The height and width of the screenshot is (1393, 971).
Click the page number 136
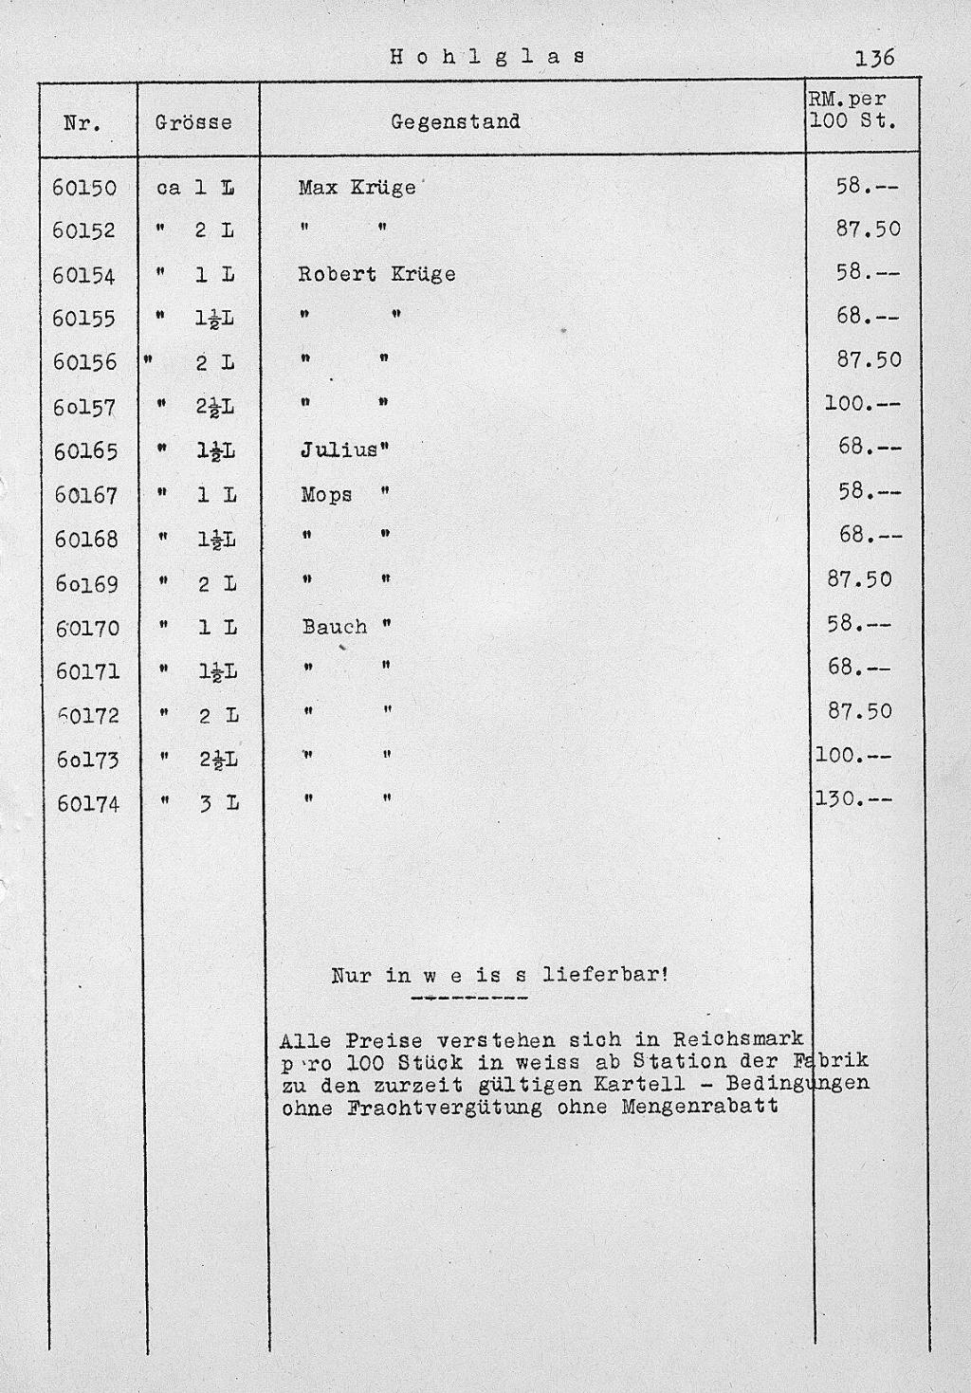[874, 58]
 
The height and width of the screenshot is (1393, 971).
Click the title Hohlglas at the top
[487, 56]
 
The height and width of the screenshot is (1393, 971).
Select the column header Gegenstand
[455, 121]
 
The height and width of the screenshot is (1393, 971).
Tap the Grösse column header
[193, 122]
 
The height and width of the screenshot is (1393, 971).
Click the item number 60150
[85, 188]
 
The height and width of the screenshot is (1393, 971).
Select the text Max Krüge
[357, 188]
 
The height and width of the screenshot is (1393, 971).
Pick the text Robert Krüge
[376, 274]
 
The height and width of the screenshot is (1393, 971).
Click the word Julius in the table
[339, 450]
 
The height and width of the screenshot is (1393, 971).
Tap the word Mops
[326, 495]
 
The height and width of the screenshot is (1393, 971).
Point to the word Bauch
[334, 627]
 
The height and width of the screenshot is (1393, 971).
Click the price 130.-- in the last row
[853, 799]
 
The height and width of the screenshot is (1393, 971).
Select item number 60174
[88, 804]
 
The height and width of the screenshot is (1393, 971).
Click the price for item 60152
[863, 229]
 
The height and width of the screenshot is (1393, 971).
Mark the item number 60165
[86, 451]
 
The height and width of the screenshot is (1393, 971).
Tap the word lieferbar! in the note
[606, 975]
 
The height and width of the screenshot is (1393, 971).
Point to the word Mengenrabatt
[700, 1106]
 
